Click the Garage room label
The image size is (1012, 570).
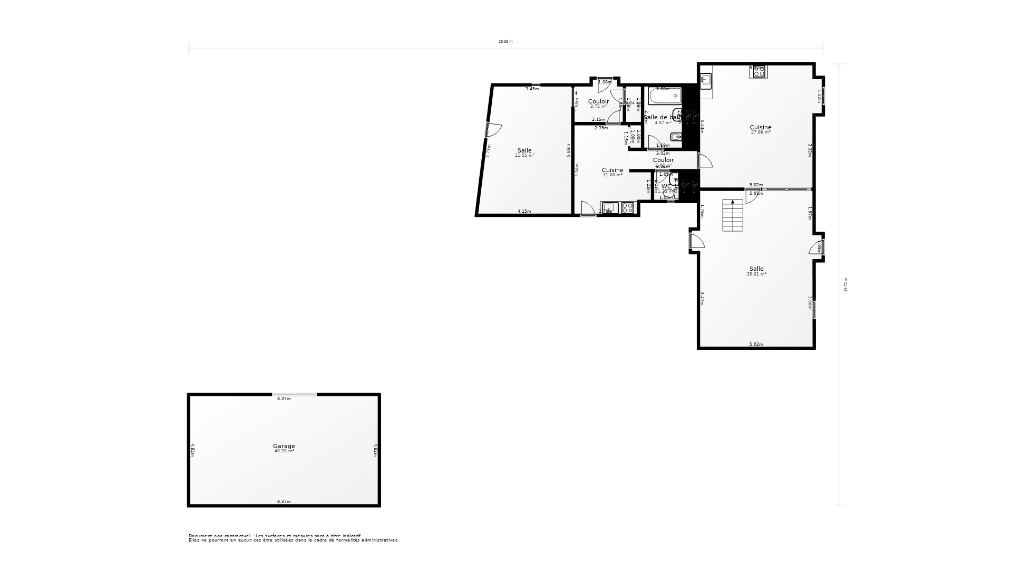point(284,446)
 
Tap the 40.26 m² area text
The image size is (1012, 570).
point(284,451)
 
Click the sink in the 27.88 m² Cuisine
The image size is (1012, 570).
point(706,80)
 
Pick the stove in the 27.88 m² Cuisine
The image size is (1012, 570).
point(758,72)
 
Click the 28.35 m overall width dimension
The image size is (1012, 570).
point(505,41)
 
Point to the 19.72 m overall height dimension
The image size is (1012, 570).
point(846,285)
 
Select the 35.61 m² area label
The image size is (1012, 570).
point(756,274)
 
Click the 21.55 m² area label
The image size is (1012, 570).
point(524,156)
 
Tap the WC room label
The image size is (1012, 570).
point(666,186)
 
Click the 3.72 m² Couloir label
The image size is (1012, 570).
point(598,107)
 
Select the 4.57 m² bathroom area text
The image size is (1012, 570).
point(663,123)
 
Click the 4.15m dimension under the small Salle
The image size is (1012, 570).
point(524,211)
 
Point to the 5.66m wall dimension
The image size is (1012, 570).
point(568,150)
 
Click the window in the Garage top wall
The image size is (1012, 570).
point(295,394)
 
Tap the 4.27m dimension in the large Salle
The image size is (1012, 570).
point(703,299)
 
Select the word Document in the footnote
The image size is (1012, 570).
point(199,536)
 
